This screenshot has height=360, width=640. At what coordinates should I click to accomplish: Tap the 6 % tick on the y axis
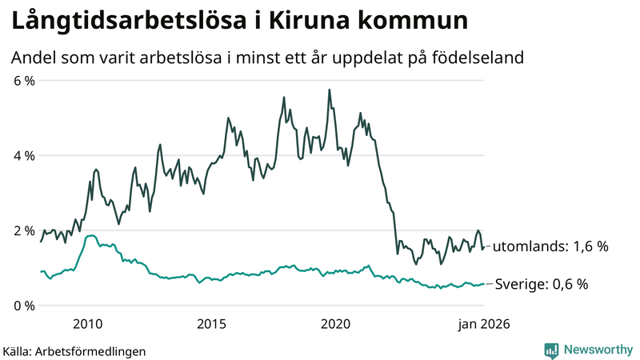(x=23, y=81)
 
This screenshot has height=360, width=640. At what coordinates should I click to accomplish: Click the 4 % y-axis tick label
(x=23, y=156)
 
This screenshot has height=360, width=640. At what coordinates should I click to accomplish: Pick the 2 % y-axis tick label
(x=23, y=230)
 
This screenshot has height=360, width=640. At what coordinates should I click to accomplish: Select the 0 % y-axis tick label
(x=23, y=306)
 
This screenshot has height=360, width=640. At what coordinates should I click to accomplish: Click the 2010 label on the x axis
(x=87, y=324)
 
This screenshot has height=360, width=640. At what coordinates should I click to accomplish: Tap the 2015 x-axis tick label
(x=211, y=324)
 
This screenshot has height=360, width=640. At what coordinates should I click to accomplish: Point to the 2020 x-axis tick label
(x=336, y=324)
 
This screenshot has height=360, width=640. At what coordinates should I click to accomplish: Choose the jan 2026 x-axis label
(x=482, y=324)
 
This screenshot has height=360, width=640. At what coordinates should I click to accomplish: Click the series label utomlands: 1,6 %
(x=550, y=247)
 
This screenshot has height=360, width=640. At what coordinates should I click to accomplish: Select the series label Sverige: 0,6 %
(x=542, y=284)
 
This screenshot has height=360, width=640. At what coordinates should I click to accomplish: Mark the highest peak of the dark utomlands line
(x=330, y=90)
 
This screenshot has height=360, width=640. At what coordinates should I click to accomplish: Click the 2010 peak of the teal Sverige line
(x=91, y=235)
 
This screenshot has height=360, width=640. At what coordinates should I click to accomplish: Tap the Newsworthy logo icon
(x=551, y=350)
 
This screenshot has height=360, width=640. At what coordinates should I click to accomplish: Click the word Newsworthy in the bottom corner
(x=598, y=350)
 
